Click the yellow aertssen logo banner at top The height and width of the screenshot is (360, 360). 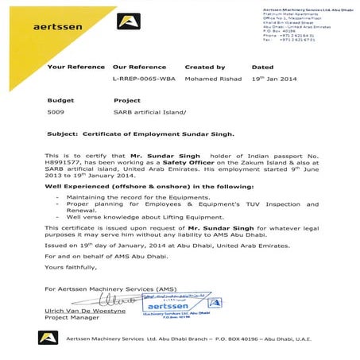tap(79, 23)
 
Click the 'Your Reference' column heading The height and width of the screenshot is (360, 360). tap(73, 68)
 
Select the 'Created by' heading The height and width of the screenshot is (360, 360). tap(204, 68)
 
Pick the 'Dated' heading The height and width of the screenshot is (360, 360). tap(262, 68)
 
